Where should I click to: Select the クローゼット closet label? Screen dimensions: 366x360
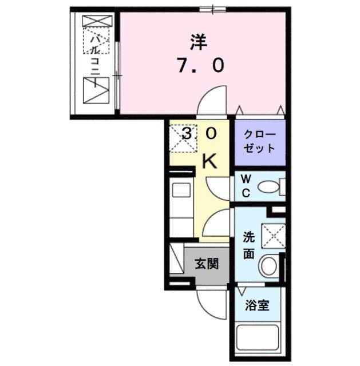(260, 141)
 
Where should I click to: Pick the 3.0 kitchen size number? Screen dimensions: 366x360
(200, 133)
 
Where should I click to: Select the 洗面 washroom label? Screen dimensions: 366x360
(248, 244)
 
